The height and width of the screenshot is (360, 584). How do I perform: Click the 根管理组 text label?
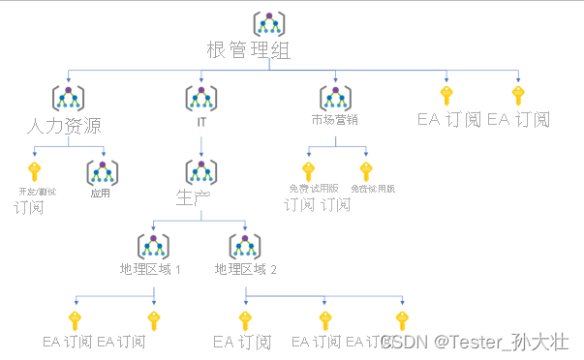point(249,49)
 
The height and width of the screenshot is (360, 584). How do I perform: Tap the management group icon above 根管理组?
point(269,23)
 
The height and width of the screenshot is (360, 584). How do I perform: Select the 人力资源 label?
point(66,125)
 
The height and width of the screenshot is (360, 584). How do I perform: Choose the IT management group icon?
point(200,98)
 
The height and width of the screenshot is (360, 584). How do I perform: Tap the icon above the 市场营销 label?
point(335,98)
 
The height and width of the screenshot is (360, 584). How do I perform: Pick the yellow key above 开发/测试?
point(34,171)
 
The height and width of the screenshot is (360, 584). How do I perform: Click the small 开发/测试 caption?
point(38,192)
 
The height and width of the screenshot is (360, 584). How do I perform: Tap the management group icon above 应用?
point(102,171)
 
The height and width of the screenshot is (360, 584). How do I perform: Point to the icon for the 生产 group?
point(200,172)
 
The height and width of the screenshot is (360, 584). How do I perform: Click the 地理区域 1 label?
point(150,268)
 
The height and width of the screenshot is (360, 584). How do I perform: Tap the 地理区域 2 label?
point(245,268)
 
